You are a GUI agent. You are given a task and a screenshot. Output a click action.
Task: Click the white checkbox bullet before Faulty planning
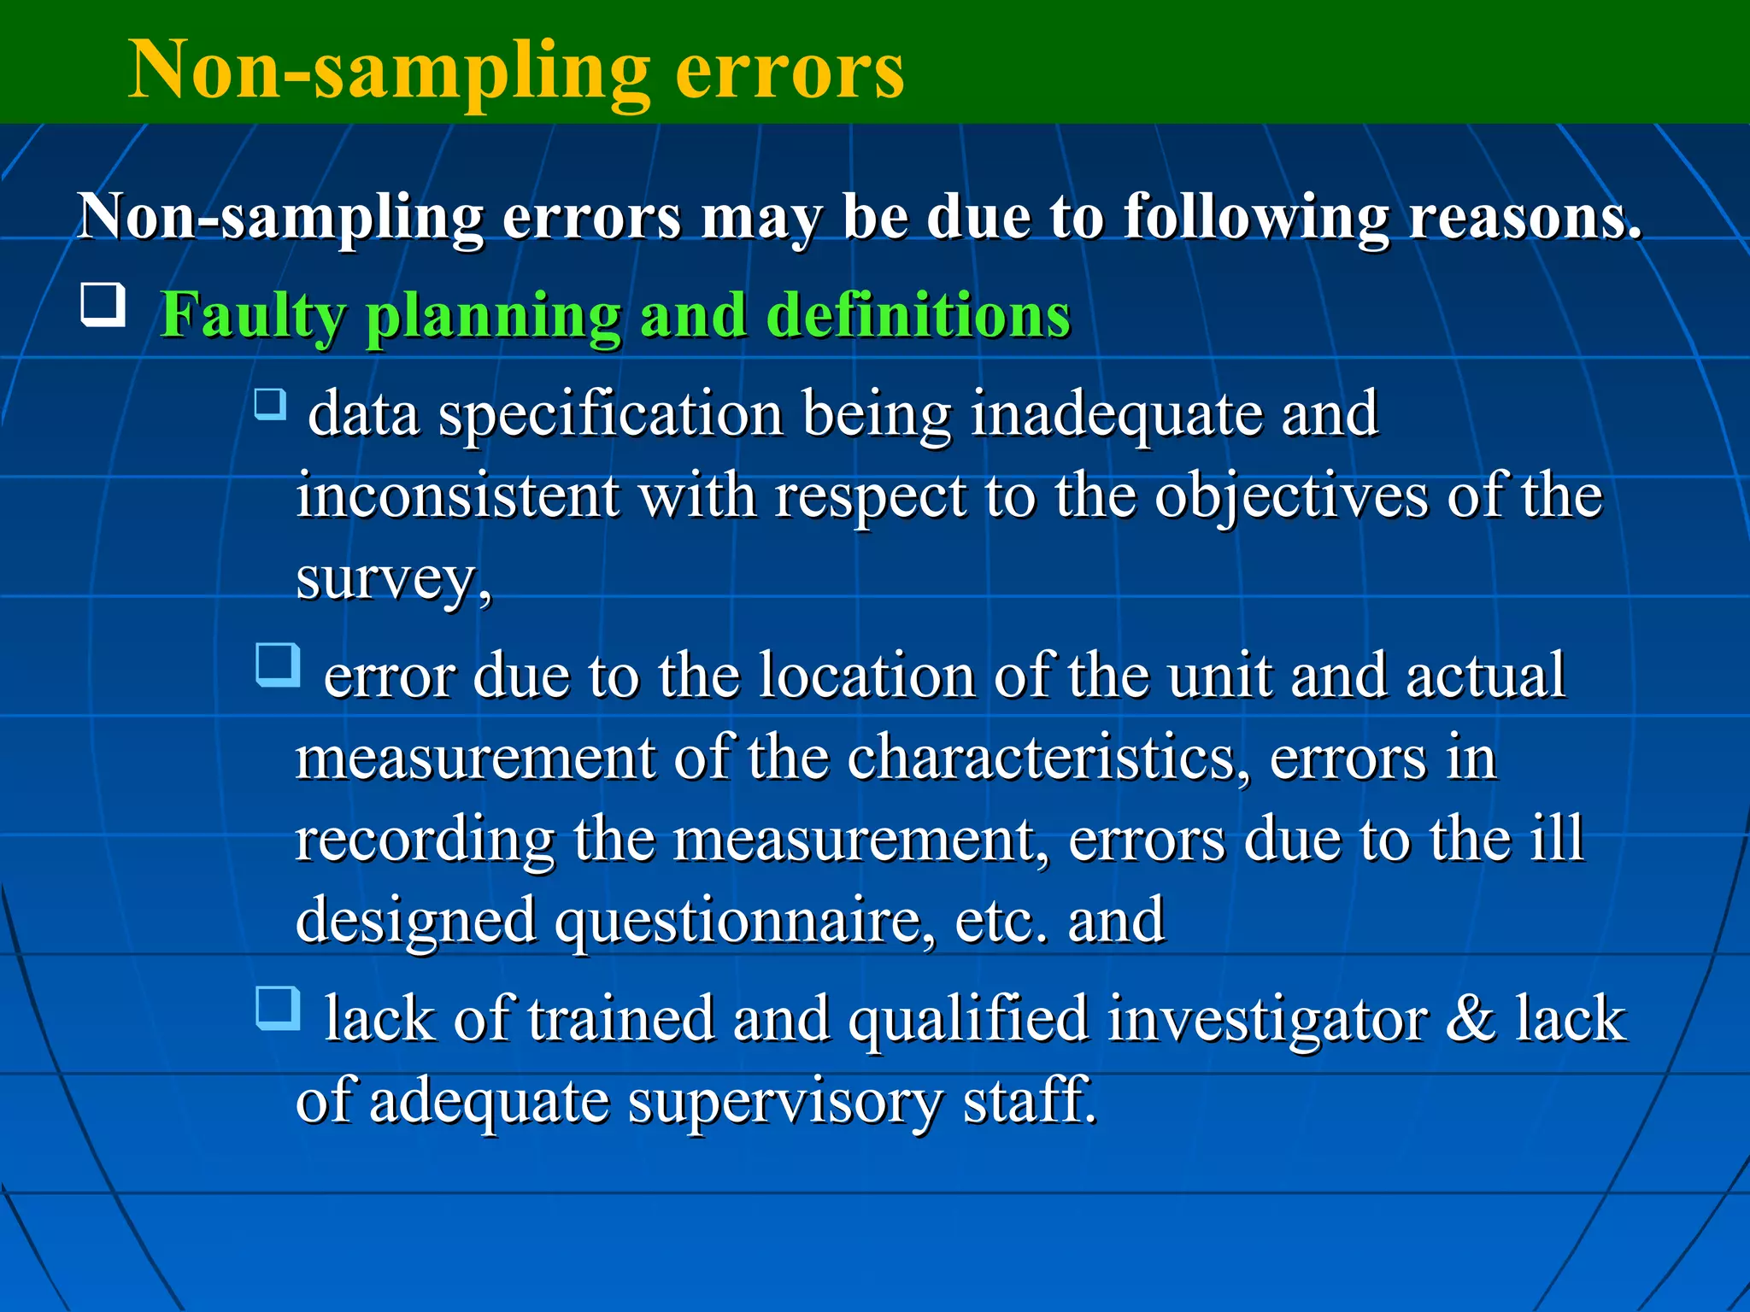click(x=103, y=305)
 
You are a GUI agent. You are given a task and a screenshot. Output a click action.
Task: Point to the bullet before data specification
click(x=271, y=403)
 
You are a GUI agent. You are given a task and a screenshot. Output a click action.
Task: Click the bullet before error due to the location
click(x=278, y=665)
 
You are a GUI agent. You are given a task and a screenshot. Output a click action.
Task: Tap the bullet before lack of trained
click(x=278, y=1008)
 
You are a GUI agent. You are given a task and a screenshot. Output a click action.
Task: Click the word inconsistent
click(x=458, y=496)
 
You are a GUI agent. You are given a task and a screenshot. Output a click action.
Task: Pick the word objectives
click(x=1291, y=498)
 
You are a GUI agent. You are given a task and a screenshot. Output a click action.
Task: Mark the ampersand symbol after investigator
click(x=1470, y=1019)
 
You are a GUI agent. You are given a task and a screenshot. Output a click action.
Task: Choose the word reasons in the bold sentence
click(x=1524, y=218)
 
